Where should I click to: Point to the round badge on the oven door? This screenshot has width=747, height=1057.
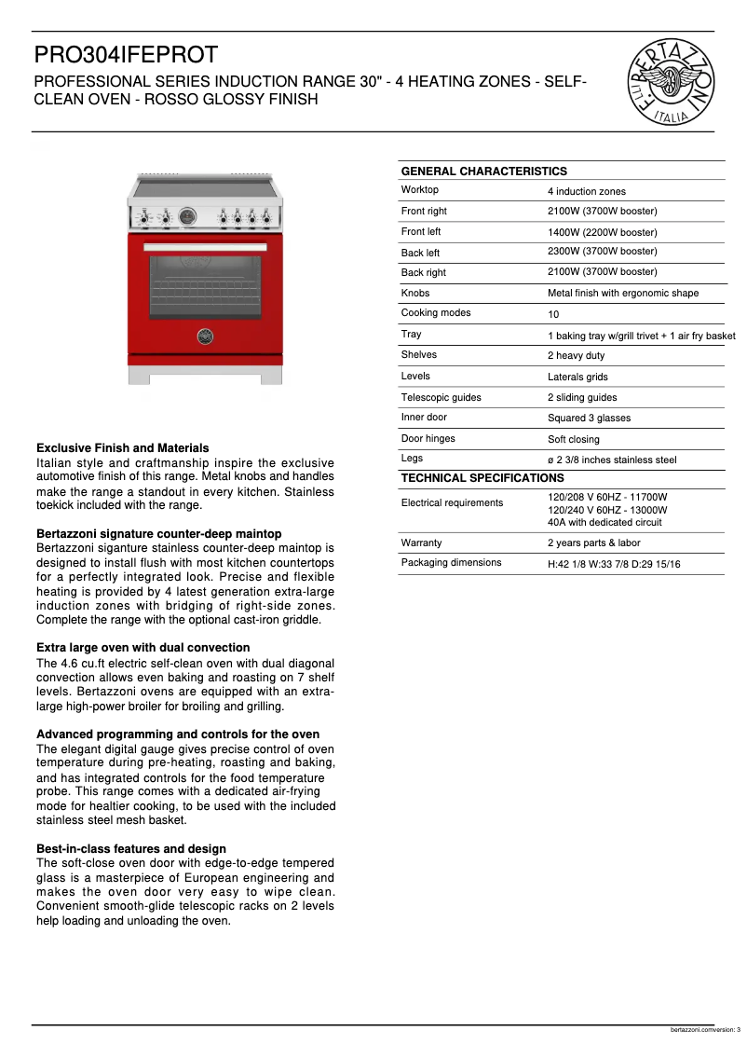[205, 336]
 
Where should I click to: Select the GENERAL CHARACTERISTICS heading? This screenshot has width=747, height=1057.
[483, 172]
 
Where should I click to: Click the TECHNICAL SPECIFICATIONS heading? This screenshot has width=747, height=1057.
[482, 478]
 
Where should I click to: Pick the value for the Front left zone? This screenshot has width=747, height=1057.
[602, 232]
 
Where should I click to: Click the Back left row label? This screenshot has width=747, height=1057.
[420, 253]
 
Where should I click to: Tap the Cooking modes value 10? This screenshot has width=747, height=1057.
[553, 314]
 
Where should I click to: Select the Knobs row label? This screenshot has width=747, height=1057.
[415, 293]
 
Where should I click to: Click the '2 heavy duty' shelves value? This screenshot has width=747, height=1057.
[576, 355]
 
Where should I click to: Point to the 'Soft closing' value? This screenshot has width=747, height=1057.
[573, 439]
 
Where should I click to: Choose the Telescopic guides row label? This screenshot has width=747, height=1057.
[441, 397]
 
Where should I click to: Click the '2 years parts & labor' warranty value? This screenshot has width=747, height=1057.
[593, 542]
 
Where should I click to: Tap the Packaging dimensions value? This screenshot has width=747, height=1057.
[613, 564]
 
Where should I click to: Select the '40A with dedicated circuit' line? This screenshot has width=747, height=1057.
[604, 522]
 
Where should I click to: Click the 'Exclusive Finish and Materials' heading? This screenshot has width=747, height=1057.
[122, 448]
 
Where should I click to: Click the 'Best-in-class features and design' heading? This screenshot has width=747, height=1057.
[130, 849]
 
